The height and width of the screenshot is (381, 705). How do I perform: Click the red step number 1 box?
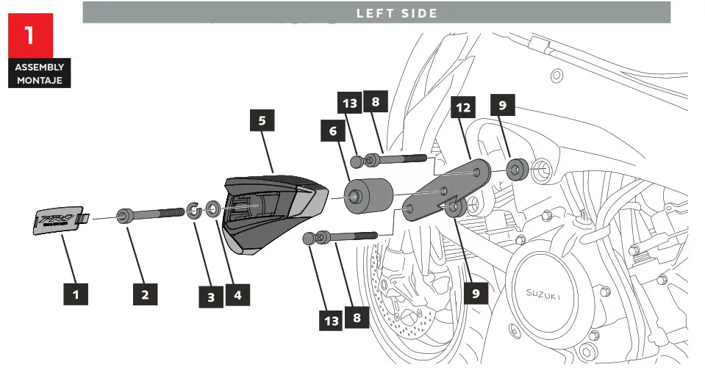click(29, 36)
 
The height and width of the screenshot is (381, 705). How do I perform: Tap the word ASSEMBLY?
click(40, 68)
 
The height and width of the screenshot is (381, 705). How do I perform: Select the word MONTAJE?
click(40, 79)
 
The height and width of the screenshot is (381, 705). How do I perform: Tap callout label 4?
click(237, 295)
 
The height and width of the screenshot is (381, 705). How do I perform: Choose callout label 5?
click(262, 120)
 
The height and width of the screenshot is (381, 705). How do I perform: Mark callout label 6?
click(332, 131)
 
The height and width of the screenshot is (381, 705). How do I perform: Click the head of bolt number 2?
click(124, 216)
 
